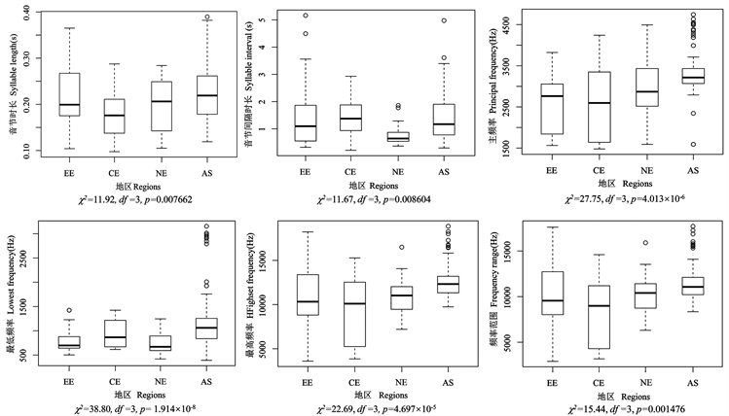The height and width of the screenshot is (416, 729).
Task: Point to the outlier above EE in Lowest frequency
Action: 69,311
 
